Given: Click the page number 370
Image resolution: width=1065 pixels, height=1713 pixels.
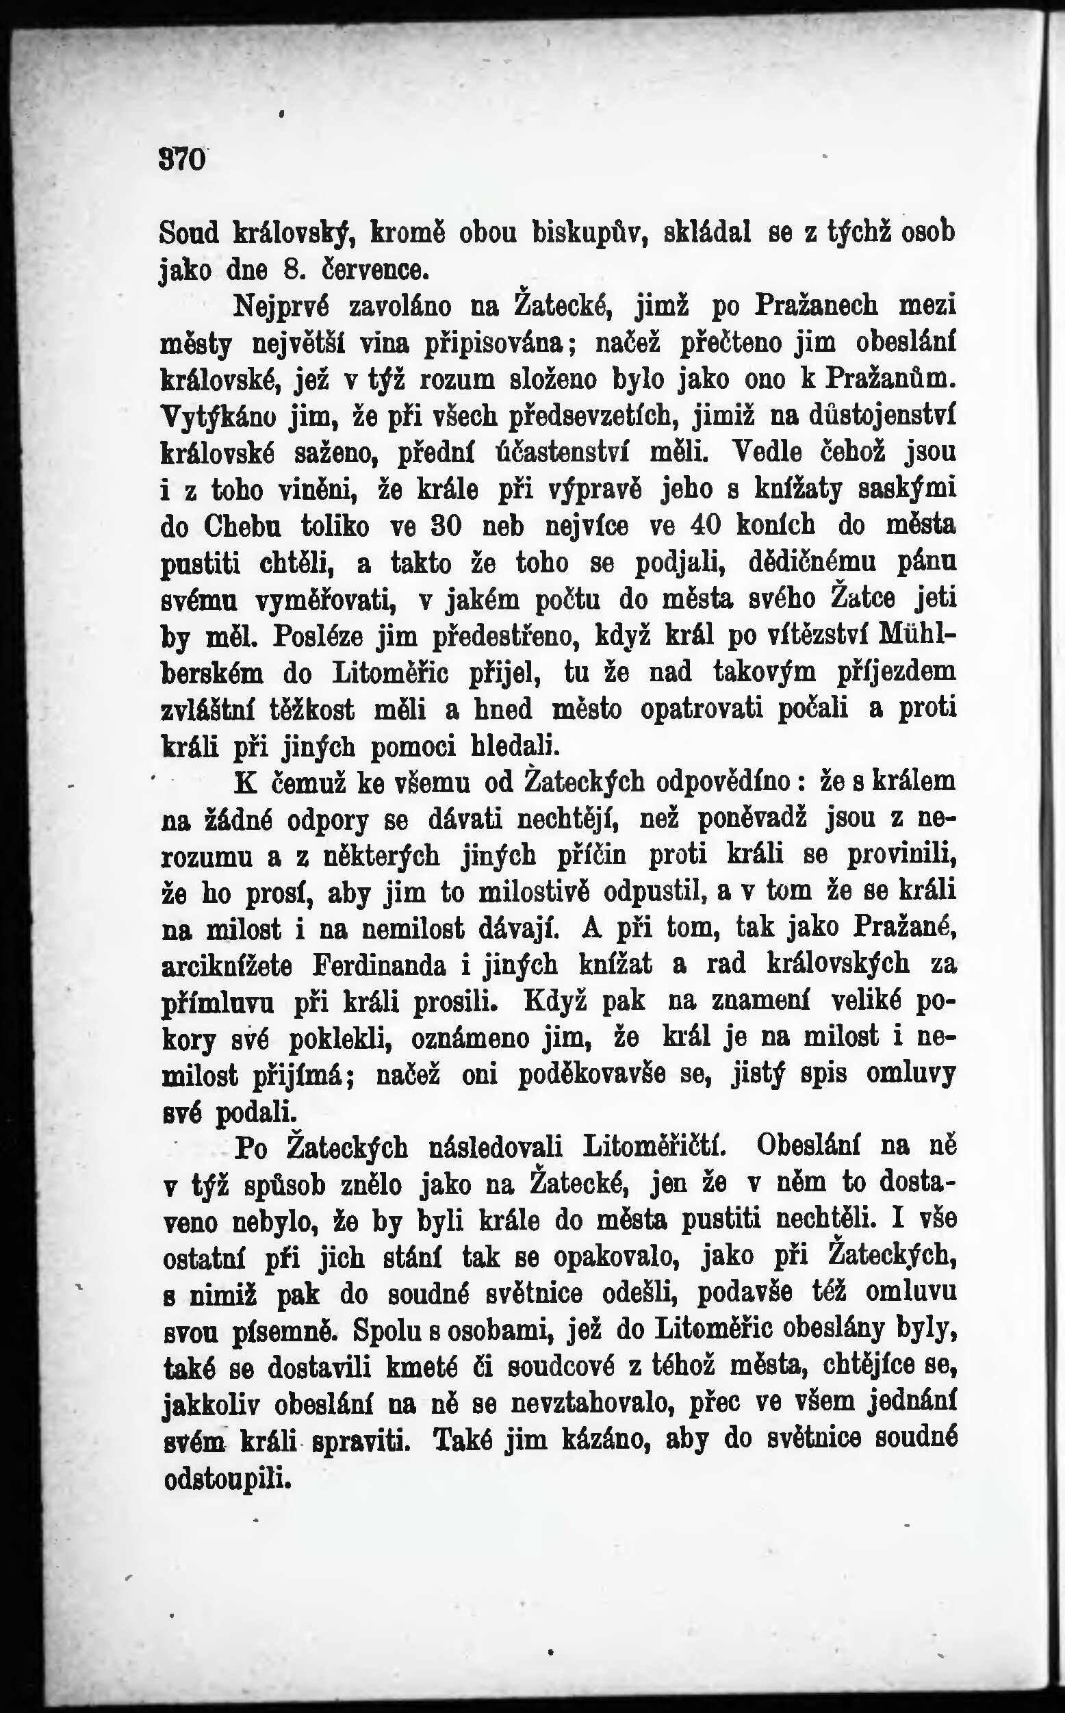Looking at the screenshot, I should coord(183,161).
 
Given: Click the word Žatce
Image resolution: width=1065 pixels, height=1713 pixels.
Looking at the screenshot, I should coord(864,599).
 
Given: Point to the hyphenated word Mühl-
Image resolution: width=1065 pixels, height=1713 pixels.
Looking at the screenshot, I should coord(918,635).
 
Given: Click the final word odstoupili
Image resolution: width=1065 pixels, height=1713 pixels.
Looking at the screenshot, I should coord(227,1477).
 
